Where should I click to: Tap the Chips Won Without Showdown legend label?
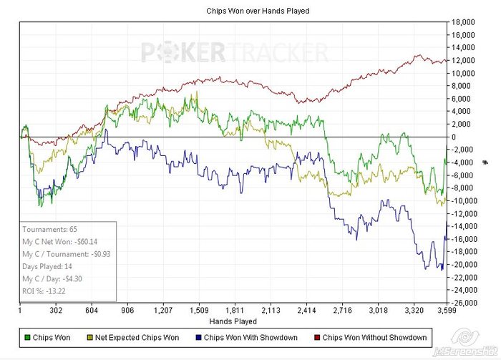point(374,337)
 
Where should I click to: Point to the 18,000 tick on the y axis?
point(464,21)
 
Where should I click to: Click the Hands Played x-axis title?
point(233,322)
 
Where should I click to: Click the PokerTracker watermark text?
point(234,52)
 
